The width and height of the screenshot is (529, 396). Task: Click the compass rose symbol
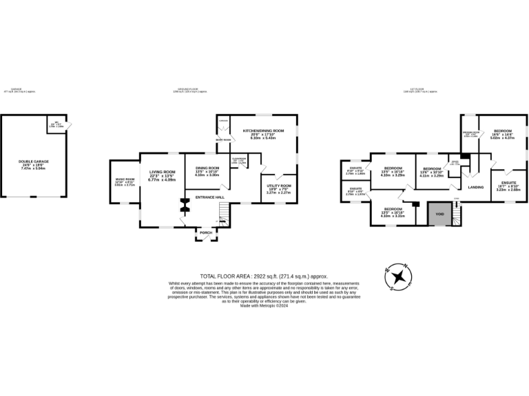pyautogui.click(x=399, y=277)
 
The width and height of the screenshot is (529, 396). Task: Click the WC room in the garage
pyautogui.click(x=59, y=125)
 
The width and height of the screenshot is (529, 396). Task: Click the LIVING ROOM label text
pyautogui.click(x=163, y=175)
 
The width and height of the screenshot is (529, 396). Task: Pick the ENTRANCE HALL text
pyautogui.click(x=210, y=197)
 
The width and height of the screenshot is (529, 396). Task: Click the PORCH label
pyautogui.click(x=205, y=233)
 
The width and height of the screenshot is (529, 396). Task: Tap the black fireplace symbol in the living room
pyautogui.click(x=185, y=204)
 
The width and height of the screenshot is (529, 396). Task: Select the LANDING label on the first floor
pyautogui.click(x=475, y=187)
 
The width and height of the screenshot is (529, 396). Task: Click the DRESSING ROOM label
pyautogui.click(x=470, y=134)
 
